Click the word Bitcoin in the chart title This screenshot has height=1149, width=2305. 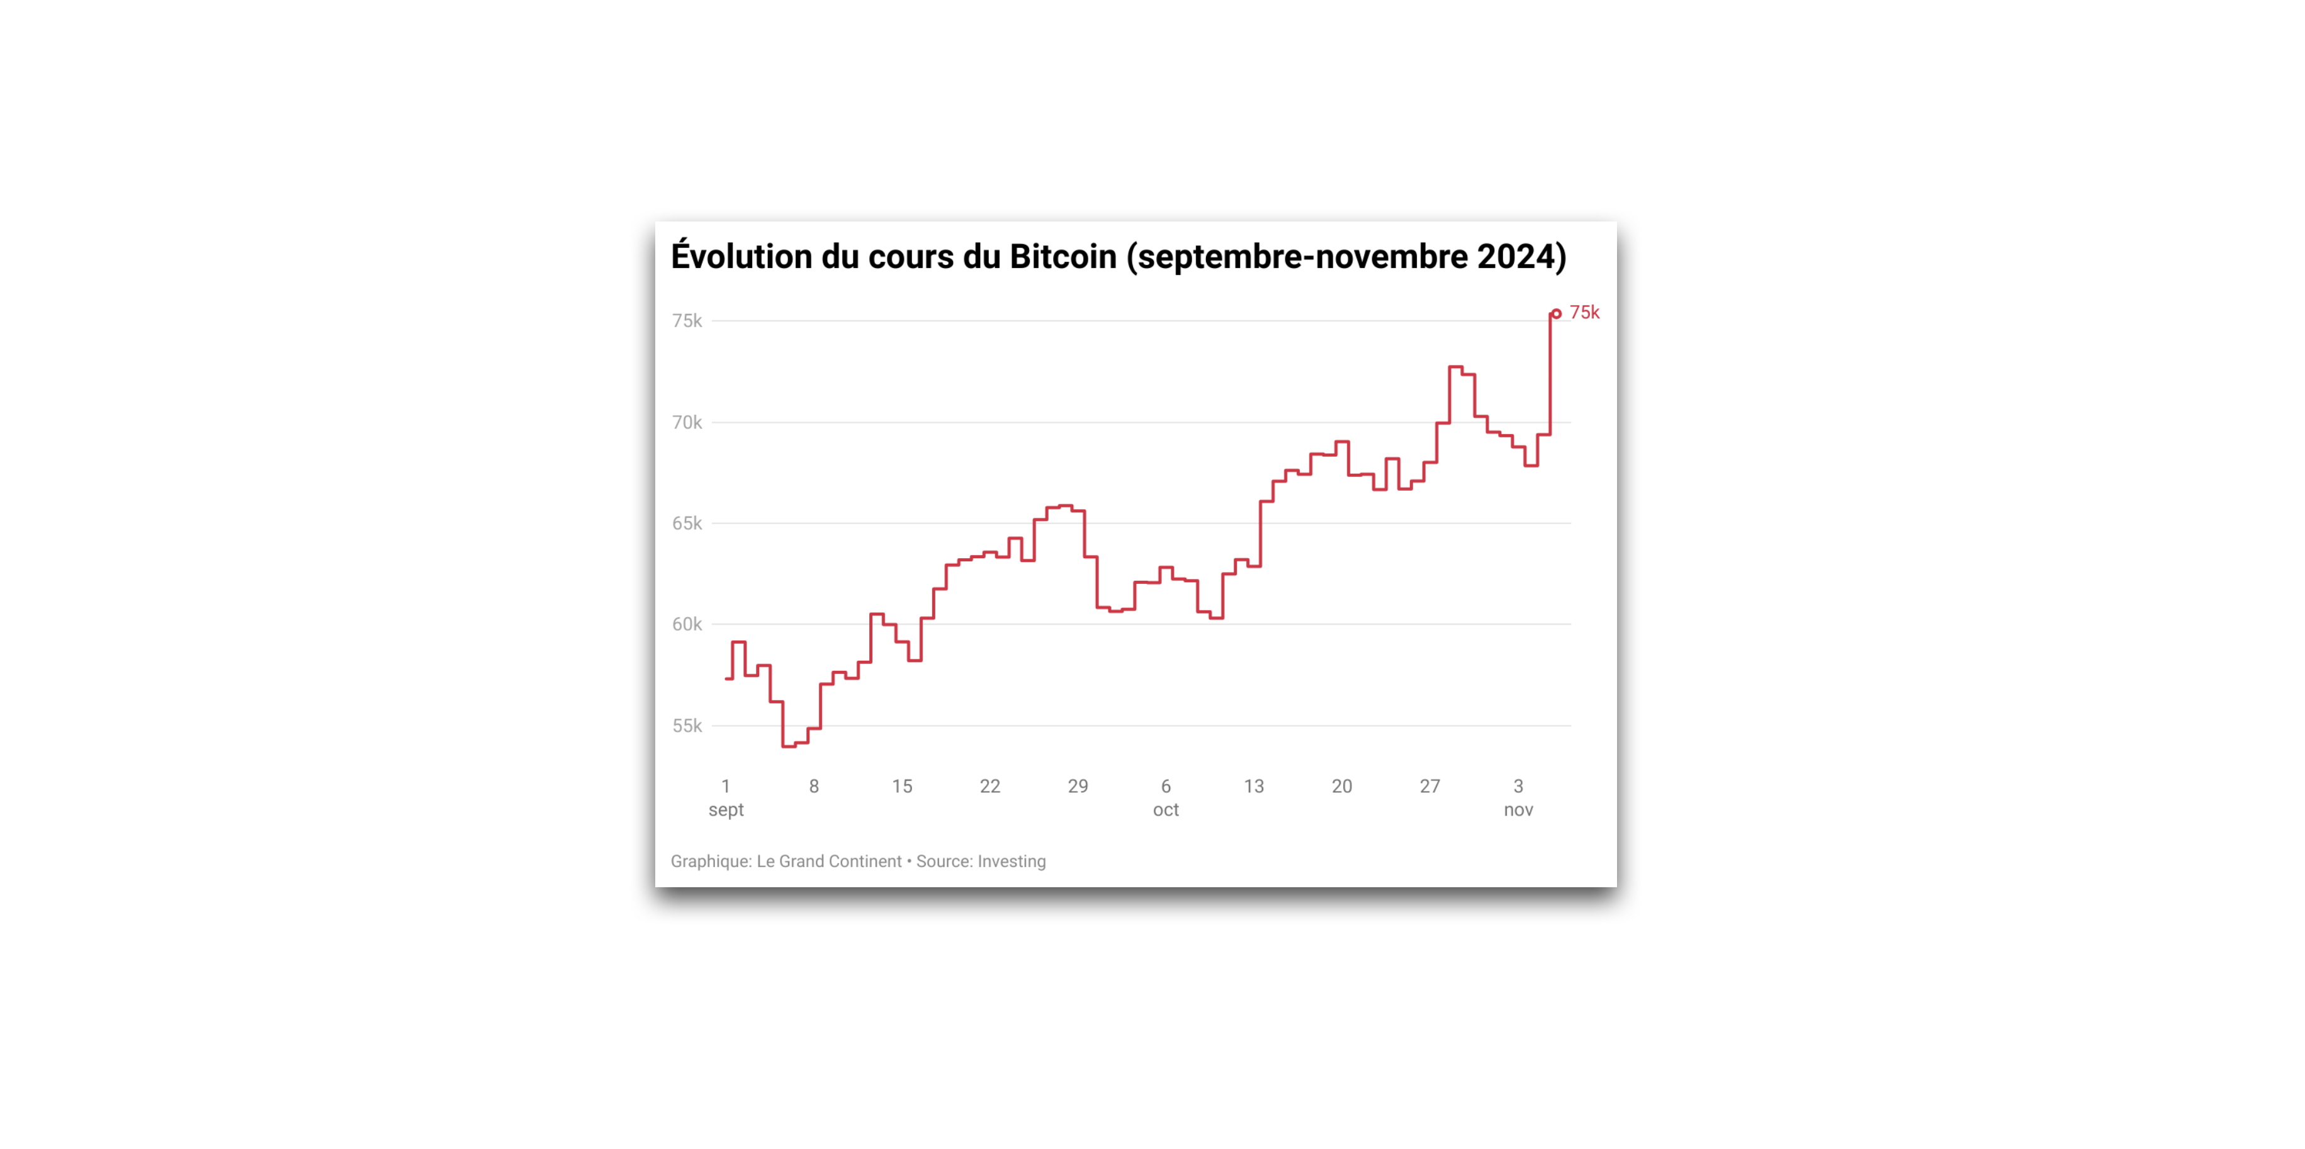tap(1063, 257)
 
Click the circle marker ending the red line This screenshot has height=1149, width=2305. tap(1556, 314)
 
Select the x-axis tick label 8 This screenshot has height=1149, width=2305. tap(813, 787)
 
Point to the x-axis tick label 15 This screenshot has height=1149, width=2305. tap(901, 787)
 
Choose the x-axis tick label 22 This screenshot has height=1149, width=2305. tap(989, 787)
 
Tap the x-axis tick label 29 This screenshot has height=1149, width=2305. tap(1078, 787)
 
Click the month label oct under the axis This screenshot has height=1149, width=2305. tap(1165, 810)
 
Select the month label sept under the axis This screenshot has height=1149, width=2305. tap(726, 810)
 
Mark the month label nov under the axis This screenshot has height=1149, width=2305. tap(1518, 810)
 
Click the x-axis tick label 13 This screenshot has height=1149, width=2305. tap(1254, 787)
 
